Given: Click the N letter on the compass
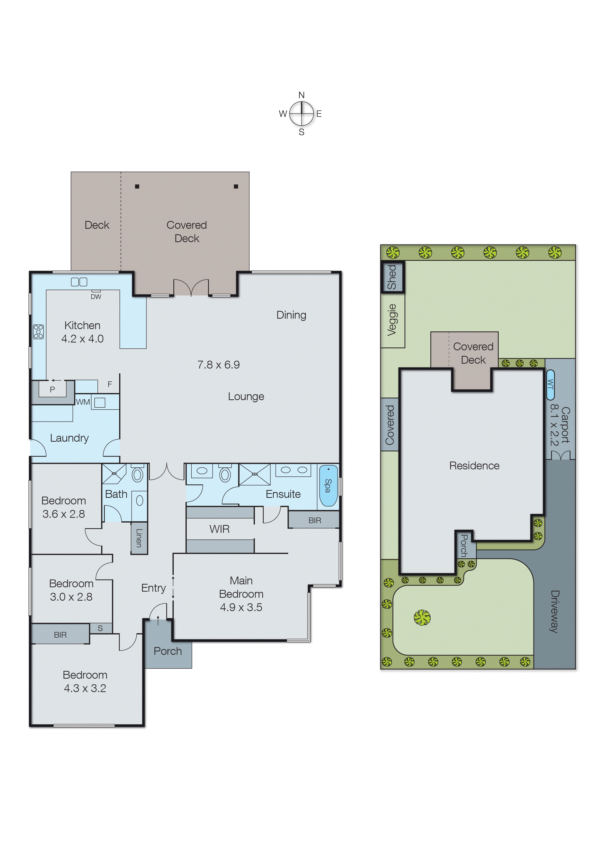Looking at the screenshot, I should point(301,95).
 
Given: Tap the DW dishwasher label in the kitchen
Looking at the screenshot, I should point(96,297).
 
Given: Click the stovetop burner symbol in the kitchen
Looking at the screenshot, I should point(38,331).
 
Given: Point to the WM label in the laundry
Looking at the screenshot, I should point(83,402).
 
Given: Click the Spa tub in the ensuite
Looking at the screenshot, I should point(328,485).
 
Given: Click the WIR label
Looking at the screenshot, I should point(220,529).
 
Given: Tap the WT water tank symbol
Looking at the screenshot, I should point(550,385).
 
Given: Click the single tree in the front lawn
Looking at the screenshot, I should point(422,618).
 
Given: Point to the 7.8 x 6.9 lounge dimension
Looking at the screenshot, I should point(218,365).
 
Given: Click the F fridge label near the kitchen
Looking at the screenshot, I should point(110,384).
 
